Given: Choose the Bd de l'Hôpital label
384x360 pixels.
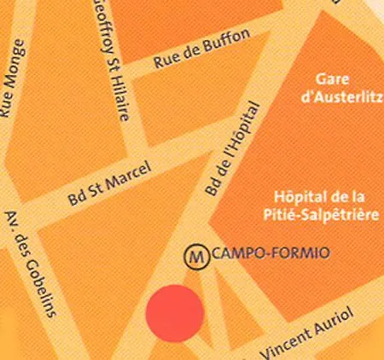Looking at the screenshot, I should (x=231, y=153).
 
